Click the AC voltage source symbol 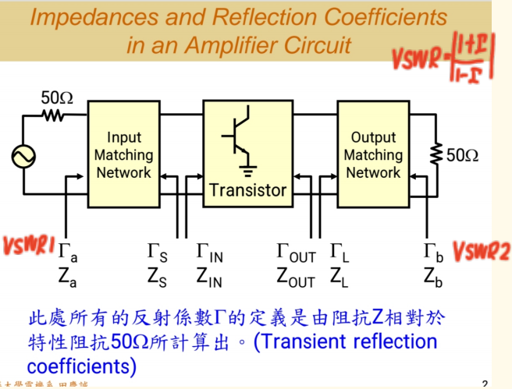point(24,156)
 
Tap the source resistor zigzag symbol point(55,115)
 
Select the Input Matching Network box point(124,155)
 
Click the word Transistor point(247,189)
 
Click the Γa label point(68,252)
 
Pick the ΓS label point(157,252)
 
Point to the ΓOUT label point(296,252)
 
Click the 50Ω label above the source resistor point(56,98)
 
